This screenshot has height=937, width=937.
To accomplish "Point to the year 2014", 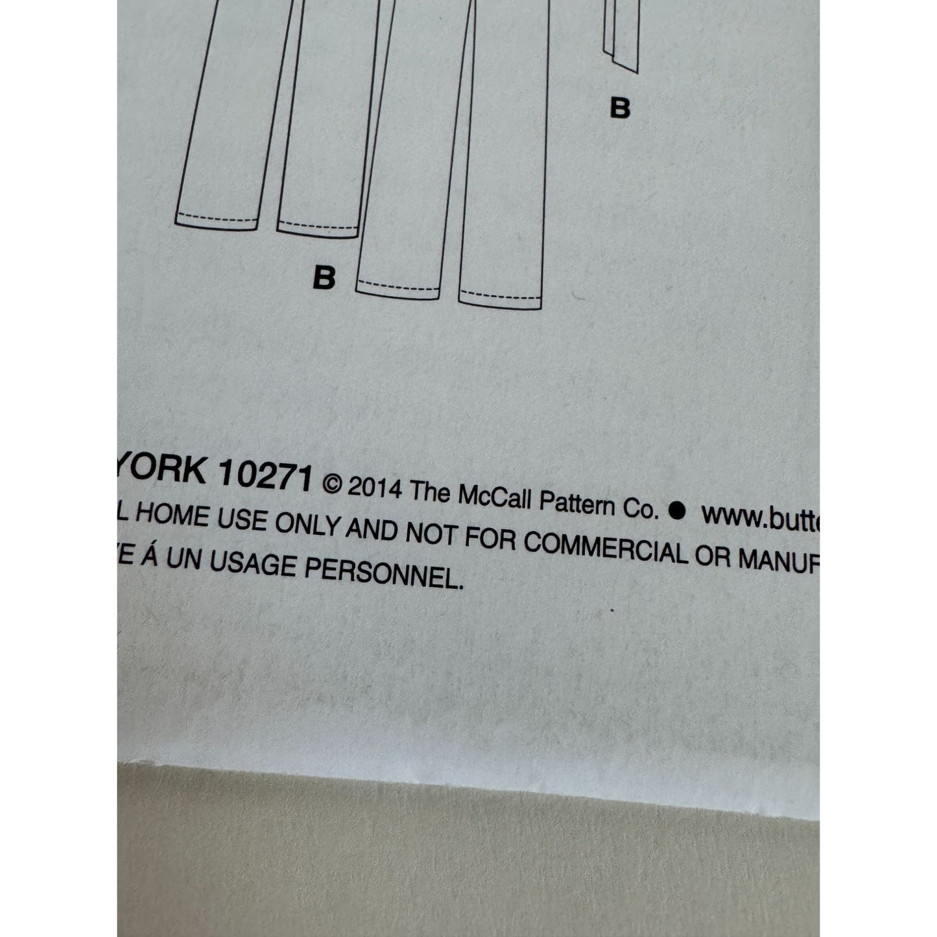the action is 374,487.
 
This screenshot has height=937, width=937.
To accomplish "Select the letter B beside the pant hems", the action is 324,278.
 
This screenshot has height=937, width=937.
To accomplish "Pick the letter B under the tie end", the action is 620,108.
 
